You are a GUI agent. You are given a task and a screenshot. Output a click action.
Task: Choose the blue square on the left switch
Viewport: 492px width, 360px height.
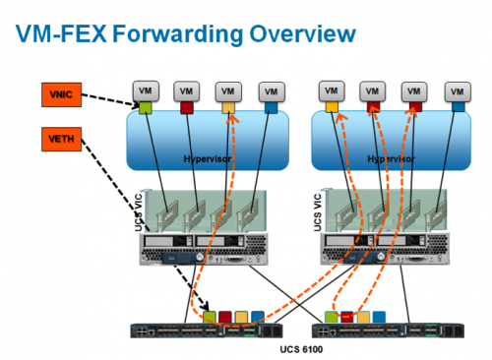click(x=257, y=316)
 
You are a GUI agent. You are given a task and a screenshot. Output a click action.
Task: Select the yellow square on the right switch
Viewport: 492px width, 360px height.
click(x=365, y=316)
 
